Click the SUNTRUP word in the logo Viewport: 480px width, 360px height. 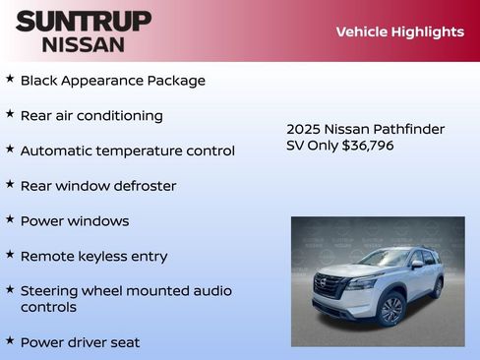[84, 21]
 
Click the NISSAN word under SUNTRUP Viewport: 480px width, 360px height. [84, 43]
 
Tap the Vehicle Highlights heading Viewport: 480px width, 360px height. [399, 31]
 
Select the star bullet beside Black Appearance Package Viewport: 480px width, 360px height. [10, 78]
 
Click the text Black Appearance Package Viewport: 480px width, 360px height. [112, 81]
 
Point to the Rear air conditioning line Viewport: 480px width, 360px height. [91, 115]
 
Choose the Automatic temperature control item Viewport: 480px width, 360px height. [127, 150]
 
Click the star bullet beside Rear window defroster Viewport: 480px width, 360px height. [10, 183]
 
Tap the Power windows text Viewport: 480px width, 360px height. [75, 221]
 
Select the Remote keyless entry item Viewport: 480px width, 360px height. [93, 256]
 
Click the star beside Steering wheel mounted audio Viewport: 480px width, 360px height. [10, 289]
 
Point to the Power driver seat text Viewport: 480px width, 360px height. [80, 342]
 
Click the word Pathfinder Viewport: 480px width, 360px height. [412, 129]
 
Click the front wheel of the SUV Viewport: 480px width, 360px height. [390, 310]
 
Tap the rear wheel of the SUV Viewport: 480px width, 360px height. [436, 288]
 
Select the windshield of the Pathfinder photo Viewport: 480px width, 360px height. [384, 259]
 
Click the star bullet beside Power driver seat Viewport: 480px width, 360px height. [10, 340]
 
